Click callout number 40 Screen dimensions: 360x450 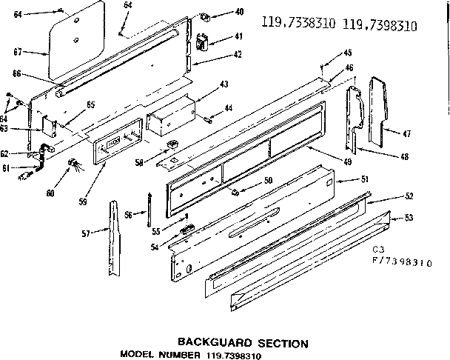pos(239,12)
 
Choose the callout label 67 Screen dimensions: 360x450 pos(19,52)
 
